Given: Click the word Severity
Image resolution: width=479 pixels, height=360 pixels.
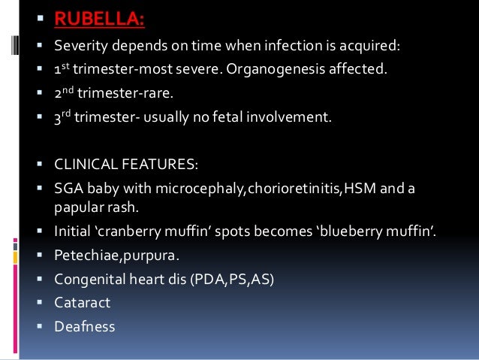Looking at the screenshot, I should (x=80, y=47).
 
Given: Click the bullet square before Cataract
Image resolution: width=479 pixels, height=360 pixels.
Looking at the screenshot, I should (x=39, y=304).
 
